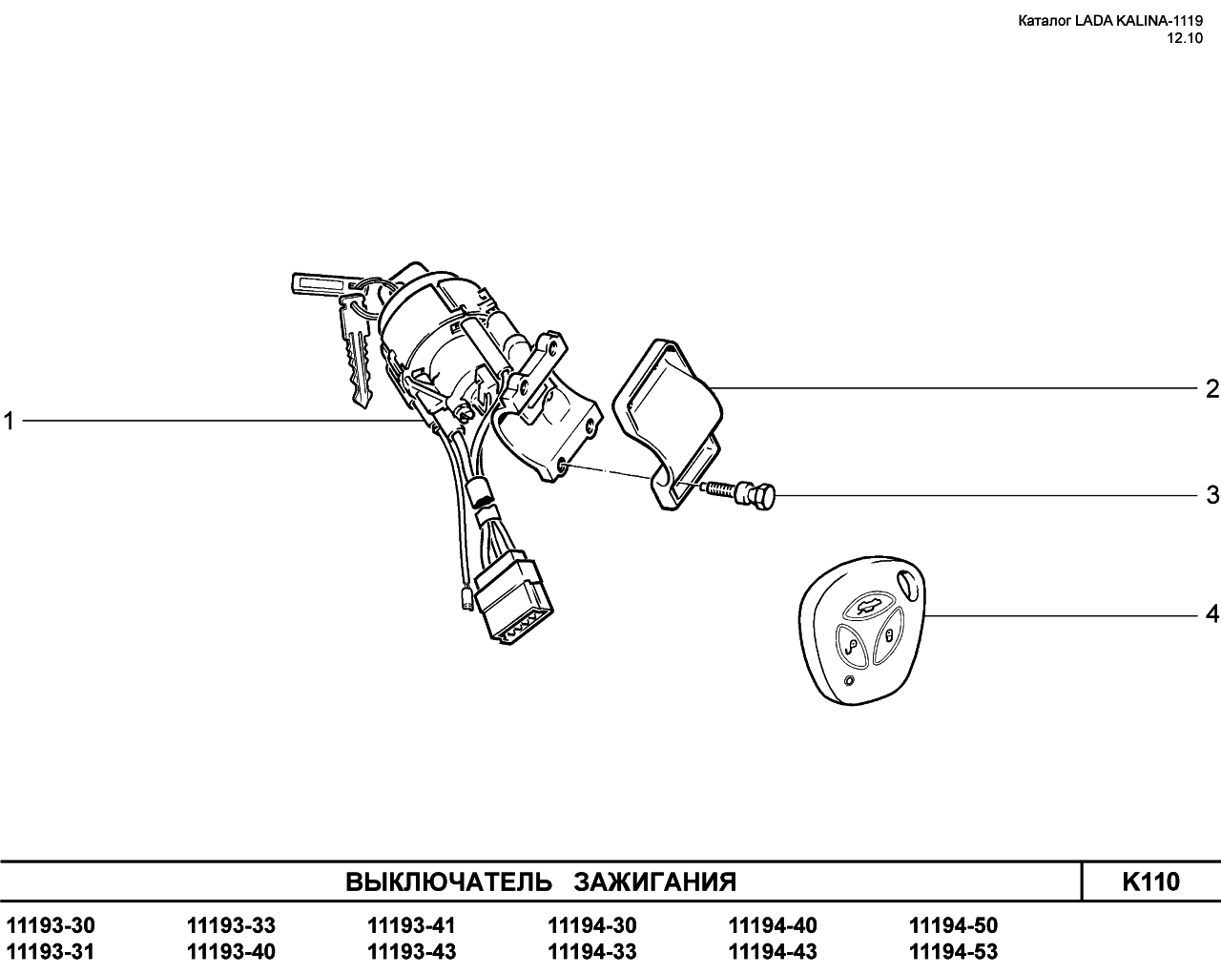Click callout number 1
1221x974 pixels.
pos(9,421)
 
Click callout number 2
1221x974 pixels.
pos(1212,389)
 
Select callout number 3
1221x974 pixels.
pos(1212,495)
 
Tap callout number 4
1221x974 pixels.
pos(1212,613)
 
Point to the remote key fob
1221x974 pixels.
pos(862,630)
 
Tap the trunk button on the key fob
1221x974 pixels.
pos(866,609)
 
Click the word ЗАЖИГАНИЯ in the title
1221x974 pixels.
pos(654,882)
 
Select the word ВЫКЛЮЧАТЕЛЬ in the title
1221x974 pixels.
pos(448,882)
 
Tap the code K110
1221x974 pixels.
pos(1150,881)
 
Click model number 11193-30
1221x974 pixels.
pos(51,925)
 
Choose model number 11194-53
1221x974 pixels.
pos(953,952)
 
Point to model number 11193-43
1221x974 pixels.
pos(411,952)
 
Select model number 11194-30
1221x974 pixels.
pos(591,925)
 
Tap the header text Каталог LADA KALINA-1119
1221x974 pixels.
pos(1110,21)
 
